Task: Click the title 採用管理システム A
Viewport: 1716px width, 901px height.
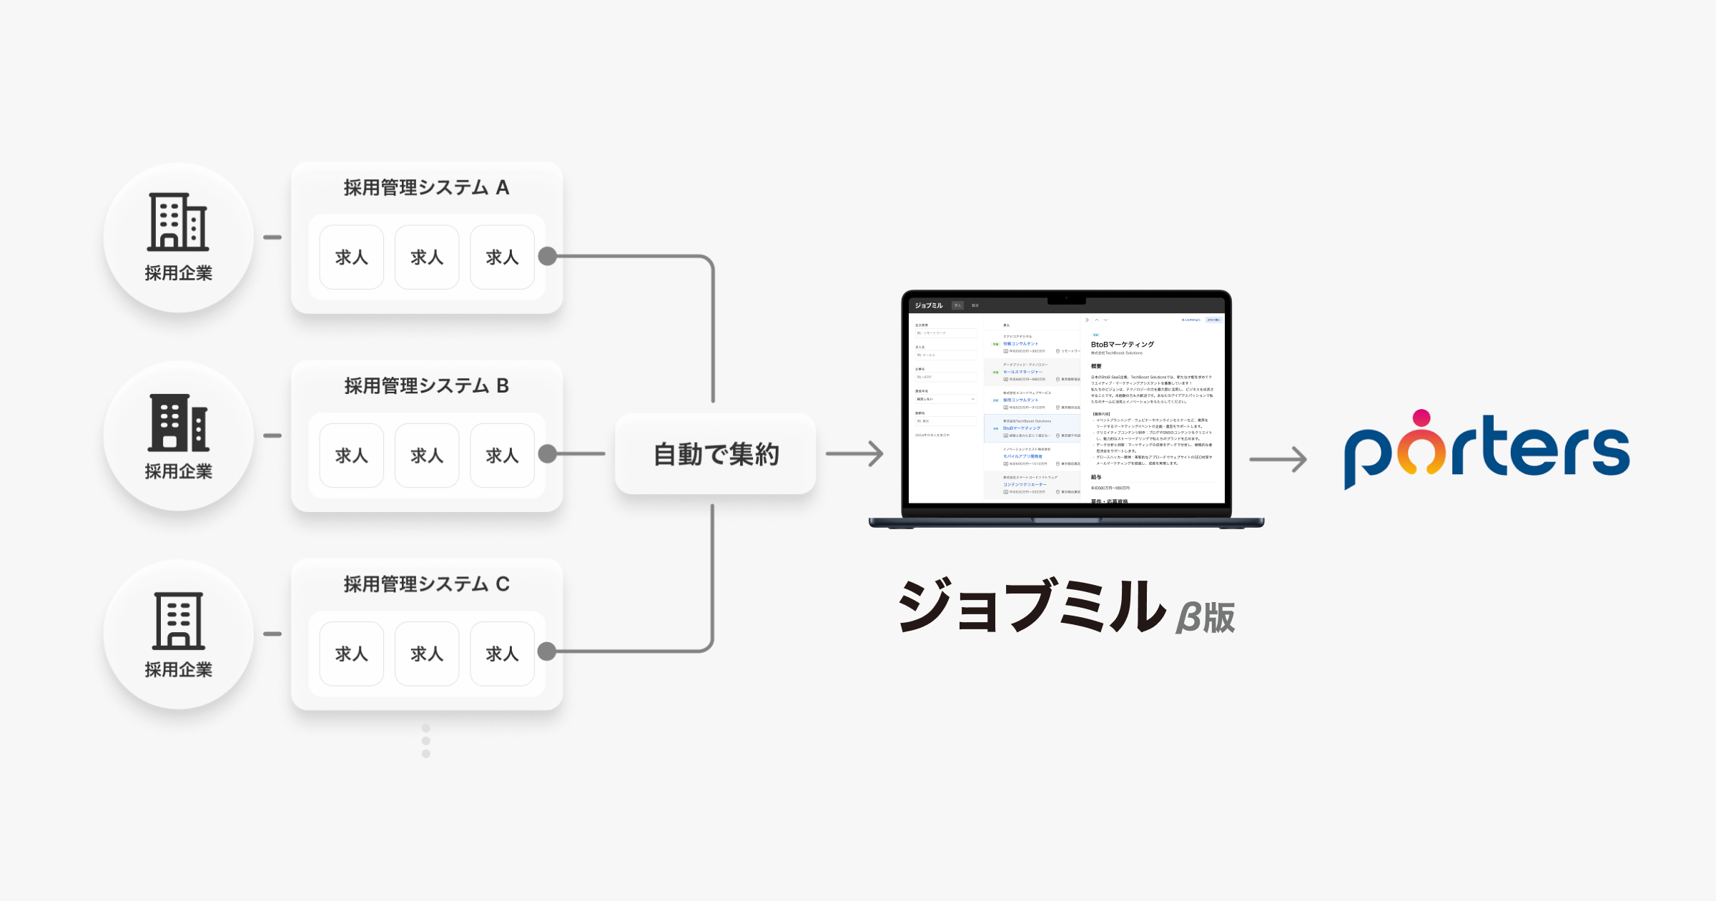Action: tap(426, 187)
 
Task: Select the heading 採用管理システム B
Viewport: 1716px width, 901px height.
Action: tap(426, 386)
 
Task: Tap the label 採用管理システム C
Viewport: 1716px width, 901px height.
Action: tap(426, 584)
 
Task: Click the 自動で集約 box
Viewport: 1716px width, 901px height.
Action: tap(716, 454)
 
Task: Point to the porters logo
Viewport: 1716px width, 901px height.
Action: tap(1486, 450)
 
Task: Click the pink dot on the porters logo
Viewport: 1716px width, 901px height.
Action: tap(1422, 418)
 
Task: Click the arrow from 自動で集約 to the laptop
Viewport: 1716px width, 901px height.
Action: tap(855, 453)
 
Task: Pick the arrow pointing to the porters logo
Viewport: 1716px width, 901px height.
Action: tap(1278, 459)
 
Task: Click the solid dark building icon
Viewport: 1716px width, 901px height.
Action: tap(179, 423)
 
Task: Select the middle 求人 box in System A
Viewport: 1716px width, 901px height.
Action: tap(427, 257)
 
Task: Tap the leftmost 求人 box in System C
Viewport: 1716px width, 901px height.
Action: tap(352, 654)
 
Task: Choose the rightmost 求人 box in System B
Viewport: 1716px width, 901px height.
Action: tap(502, 456)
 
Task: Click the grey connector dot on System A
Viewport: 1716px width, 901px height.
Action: tap(548, 256)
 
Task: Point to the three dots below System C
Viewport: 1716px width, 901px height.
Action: tap(426, 741)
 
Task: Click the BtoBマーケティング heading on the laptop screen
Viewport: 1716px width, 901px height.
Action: tap(1122, 345)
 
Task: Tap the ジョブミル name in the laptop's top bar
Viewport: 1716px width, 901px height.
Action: tap(929, 305)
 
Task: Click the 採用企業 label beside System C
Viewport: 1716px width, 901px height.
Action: tap(179, 670)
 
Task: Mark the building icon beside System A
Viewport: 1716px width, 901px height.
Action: tap(178, 222)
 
